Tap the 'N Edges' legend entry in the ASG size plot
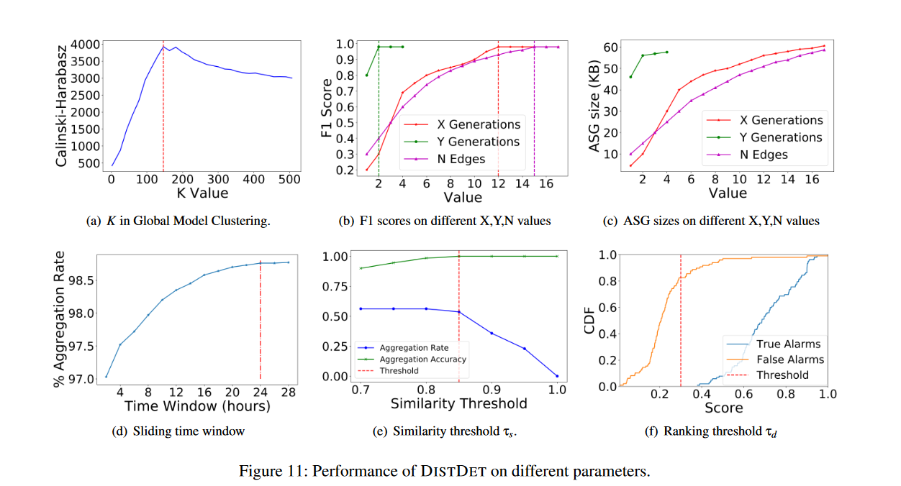pyautogui.click(x=765, y=155)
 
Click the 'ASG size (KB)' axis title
pyautogui.click(x=594, y=106)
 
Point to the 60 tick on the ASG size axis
pyautogui.click(x=611, y=47)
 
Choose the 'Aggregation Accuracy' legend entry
pyautogui.click(x=422, y=359)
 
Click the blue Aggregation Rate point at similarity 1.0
pyautogui.click(x=556, y=376)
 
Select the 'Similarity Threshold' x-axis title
pyautogui.click(x=458, y=404)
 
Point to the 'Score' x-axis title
pyautogui.click(x=723, y=408)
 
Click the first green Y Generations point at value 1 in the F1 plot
pyautogui.click(x=367, y=75)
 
